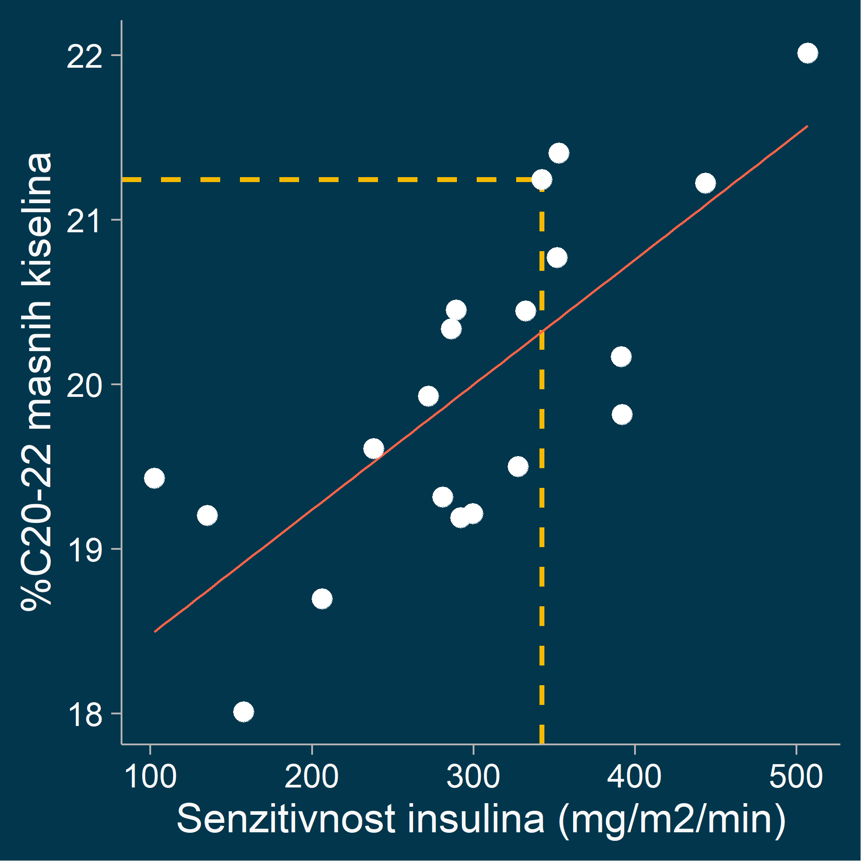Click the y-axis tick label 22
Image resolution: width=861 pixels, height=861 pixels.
click(84, 57)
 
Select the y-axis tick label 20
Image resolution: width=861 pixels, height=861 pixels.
click(84, 385)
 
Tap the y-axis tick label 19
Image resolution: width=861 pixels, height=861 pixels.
click(84, 550)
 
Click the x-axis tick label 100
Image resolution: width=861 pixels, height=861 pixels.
click(150, 777)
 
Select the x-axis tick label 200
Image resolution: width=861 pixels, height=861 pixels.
click(312, 777)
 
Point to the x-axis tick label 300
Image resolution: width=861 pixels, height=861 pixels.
click(473, 777)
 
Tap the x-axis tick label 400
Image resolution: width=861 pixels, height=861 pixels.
click(635, 777)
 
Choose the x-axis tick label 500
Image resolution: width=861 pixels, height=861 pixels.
click(796, 777)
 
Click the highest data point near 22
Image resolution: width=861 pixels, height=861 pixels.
click(808, 53)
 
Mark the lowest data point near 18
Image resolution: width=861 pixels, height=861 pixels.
click(244, 712)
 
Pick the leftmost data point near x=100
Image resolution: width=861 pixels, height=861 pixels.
click(154, 478)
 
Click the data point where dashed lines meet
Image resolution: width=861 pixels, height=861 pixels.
click(542, 179)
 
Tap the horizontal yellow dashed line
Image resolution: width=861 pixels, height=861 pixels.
click(314, 179)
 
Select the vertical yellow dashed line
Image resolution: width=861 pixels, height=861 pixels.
click(542, 493)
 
